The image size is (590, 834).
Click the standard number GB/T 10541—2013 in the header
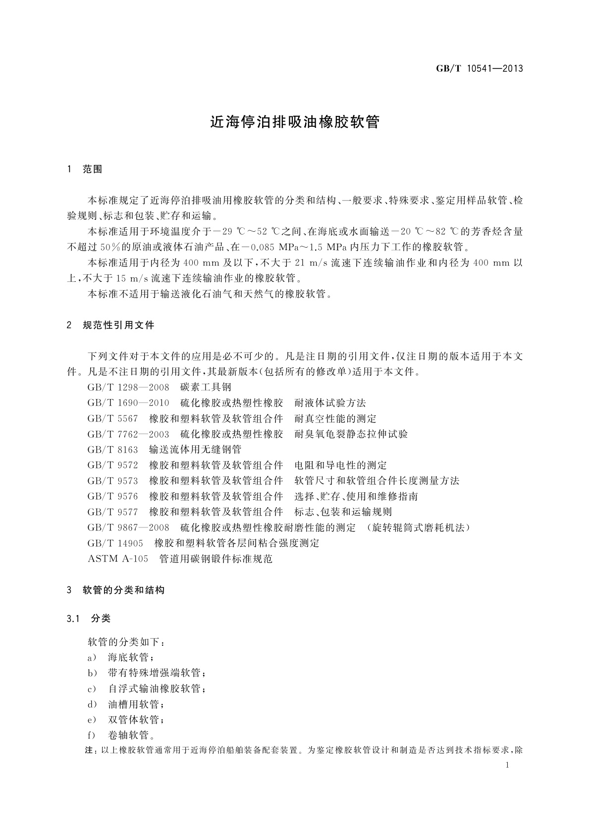pos(479,68)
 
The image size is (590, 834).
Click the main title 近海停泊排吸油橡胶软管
pos(295,122)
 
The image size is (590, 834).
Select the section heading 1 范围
pos(85,169)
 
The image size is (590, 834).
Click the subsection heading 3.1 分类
pos(89,619)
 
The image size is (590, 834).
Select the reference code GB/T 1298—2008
pos(128,387)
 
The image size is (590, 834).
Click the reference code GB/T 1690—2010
pos(128,403)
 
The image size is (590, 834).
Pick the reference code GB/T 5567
pos(112,419)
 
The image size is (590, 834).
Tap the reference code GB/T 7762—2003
pos(128,434)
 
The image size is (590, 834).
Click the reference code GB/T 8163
pos(112,450)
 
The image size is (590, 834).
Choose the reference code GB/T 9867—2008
pos(128,528)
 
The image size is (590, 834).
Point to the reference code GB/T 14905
pos(115,543)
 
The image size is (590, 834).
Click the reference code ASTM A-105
pos(118,559)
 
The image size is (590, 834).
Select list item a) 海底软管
pos(121,658)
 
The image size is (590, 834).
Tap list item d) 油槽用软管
pos(126,704)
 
